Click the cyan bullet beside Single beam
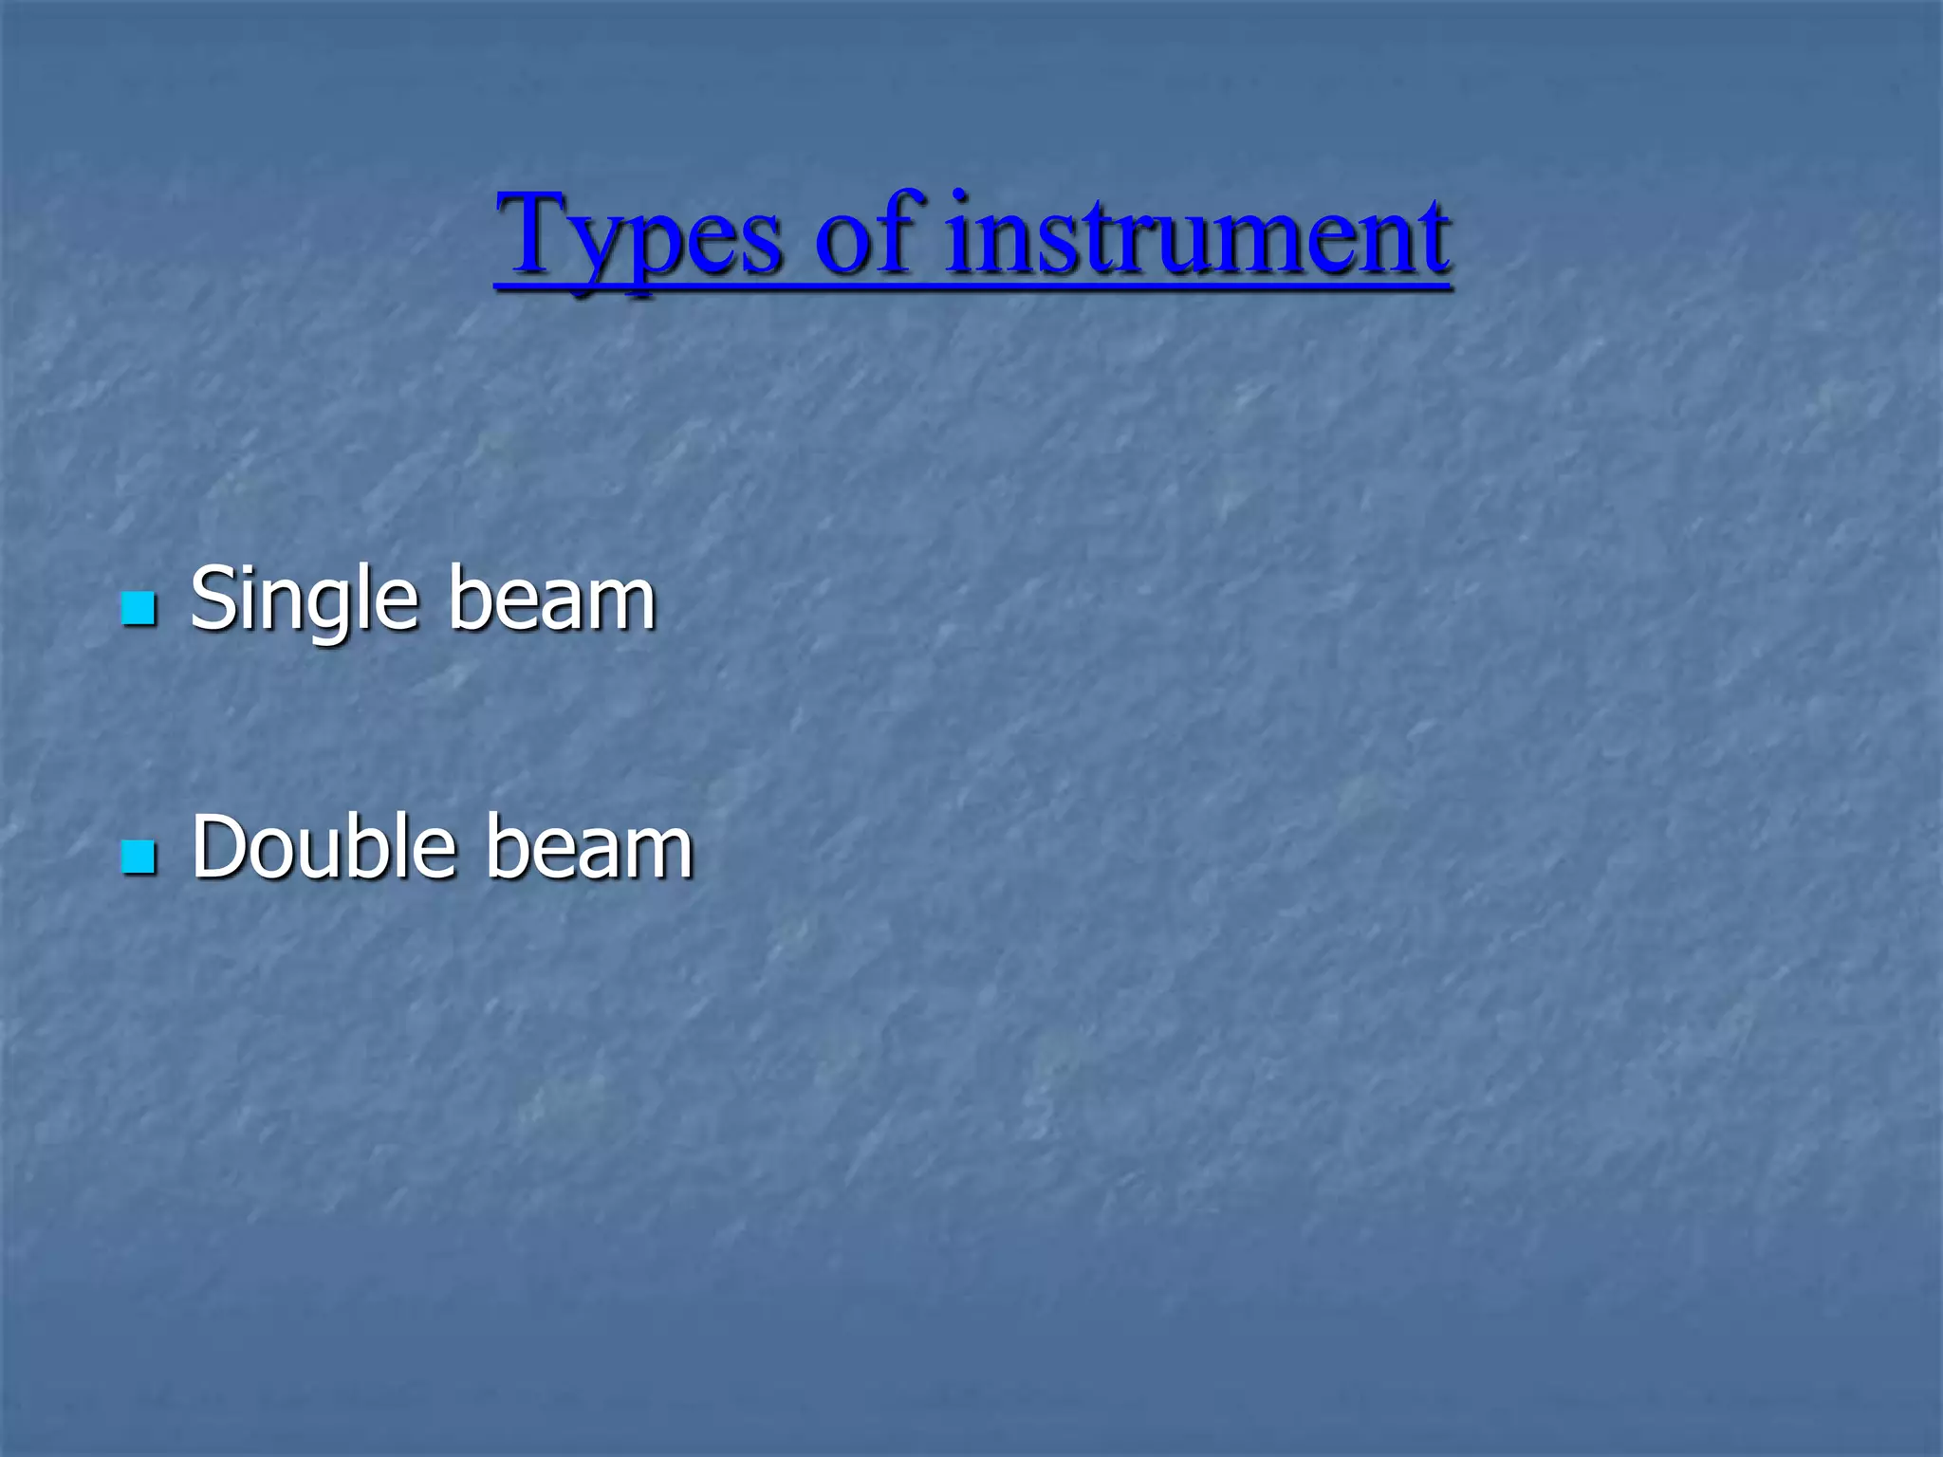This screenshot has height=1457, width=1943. (139, 608)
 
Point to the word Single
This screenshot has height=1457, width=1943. (304, 599)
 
